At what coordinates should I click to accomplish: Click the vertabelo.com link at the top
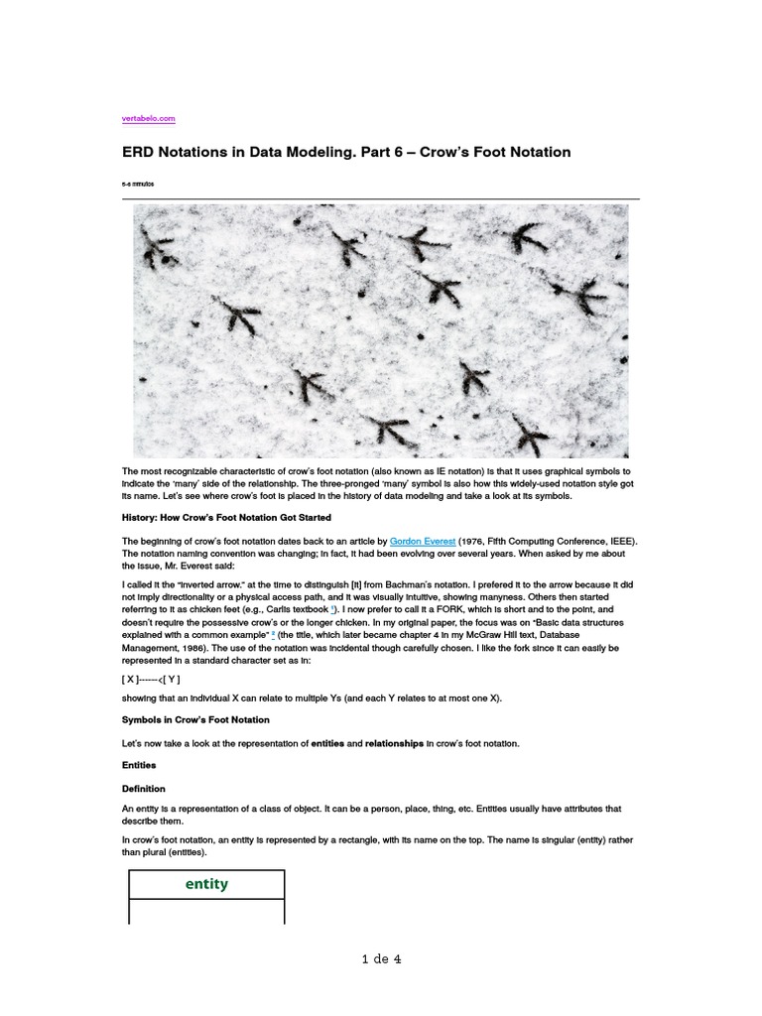point(149,118)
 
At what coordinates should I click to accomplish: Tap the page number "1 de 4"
point(381,958)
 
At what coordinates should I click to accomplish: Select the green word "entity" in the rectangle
point(206,884)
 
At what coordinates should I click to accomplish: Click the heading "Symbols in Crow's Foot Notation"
point(195,719)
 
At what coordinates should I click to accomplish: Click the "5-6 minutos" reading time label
point(138,185)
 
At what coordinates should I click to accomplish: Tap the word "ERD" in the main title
point(141,153)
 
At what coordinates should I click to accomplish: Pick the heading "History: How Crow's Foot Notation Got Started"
point(226,518)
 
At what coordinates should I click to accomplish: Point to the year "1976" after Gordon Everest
point(473,541)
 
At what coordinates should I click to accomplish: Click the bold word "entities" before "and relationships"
point(329,743)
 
